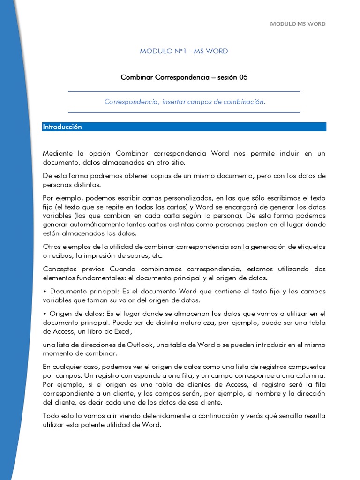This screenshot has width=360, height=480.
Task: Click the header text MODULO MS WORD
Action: [x=298, y=24]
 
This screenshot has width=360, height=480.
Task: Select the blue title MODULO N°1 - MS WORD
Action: [x=184, y=51]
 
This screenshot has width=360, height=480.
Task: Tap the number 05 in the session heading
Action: [x=243, y=77]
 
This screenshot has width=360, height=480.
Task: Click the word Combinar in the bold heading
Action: [x=135, y=77]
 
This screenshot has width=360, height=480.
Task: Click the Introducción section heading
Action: [x=62, y=127]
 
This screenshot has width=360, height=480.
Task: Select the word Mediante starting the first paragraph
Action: [x=58, y=153]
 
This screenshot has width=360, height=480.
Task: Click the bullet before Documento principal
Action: [x=45, y=292]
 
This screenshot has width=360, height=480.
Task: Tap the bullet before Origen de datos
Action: [x=45, y=314]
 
